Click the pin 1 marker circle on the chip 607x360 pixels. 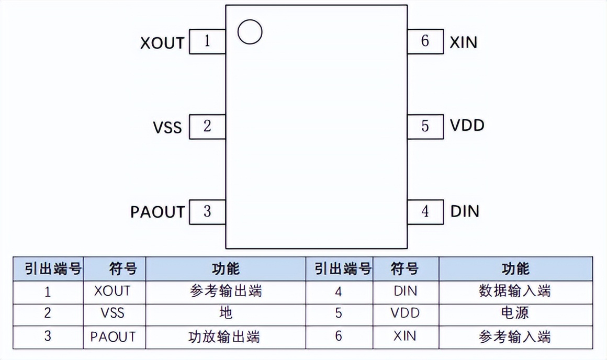(250, 32)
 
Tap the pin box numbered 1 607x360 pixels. (207, 41)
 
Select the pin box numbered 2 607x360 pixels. (207, 127)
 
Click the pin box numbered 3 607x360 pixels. (207, 211)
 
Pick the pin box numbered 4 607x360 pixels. (425, 211)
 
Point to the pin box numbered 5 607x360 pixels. (425, 126)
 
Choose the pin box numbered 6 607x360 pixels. (425, 41)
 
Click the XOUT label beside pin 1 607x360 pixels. (163, 43)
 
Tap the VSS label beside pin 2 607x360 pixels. (167, 128)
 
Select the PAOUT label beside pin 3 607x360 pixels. (158, 212)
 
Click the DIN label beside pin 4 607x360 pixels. (465, 211)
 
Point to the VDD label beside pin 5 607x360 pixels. (467, 126)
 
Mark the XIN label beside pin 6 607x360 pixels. (464, 42)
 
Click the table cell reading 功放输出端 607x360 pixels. (225, 336)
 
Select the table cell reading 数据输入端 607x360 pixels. (515, 290)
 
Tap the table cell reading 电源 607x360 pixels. (515, 313)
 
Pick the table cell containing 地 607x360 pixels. (225, 313)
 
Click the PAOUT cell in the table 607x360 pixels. (113, 336)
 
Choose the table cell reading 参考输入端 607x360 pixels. (515, 336)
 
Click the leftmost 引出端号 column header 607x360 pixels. (48, 269)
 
